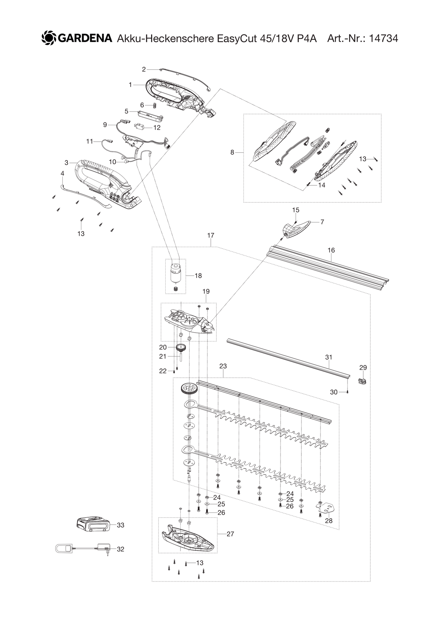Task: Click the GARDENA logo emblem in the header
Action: tap(49, 38)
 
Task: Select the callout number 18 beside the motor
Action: tap(198, 276)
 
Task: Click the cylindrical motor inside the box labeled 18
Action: tap(175, 273)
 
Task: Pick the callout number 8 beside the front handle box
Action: tap(232, 152)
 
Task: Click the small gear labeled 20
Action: tap(180, 347)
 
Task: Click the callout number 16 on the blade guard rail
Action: tap(331, 250)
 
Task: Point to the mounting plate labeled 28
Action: tap(327, 508)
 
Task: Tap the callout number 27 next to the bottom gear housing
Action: tap(230, 534)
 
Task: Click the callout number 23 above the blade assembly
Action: tap(223, 366)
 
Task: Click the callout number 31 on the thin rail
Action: tap(329, 357)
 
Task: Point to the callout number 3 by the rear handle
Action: tap(66, 162)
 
